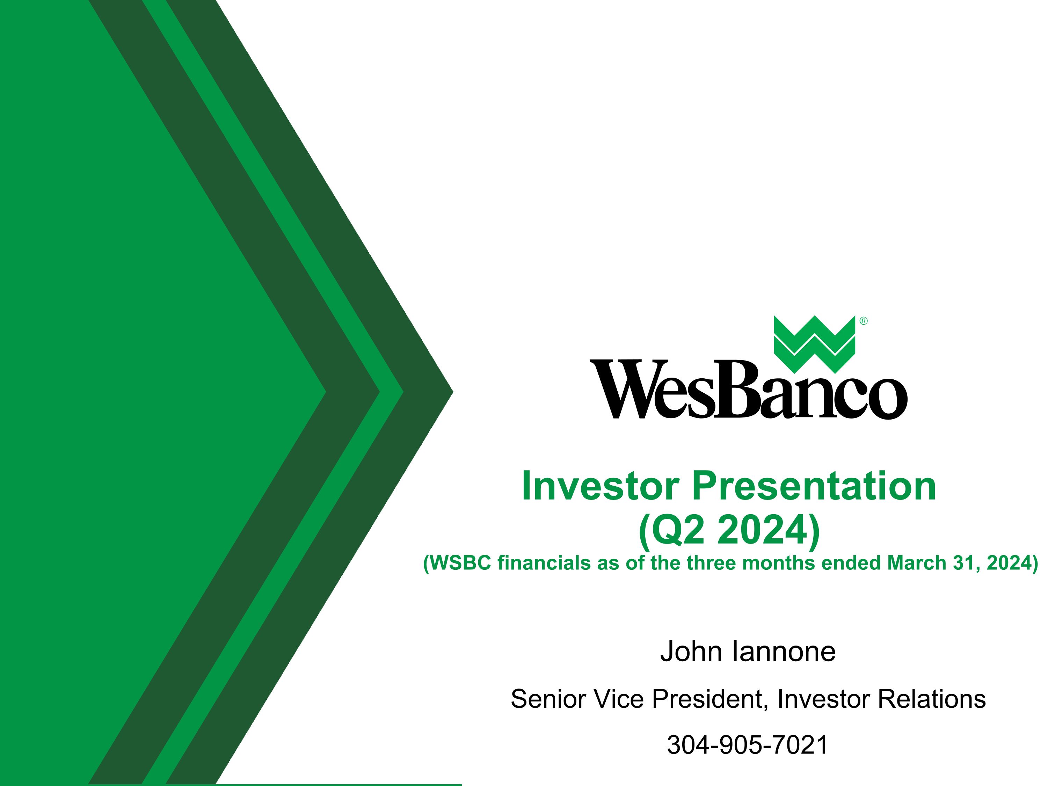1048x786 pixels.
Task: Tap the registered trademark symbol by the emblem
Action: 863,321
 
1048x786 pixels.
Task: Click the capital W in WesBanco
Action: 618,390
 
